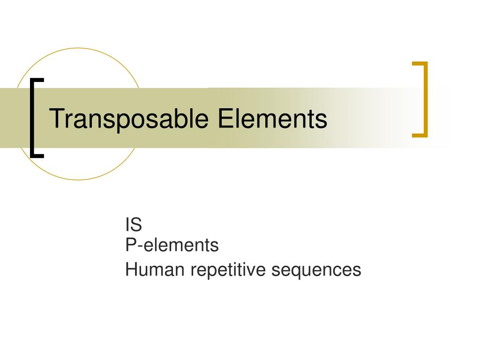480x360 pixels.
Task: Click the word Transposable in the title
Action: tap(129, 119)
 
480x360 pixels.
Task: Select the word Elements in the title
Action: tap(271, 118)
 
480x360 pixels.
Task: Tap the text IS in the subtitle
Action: tap(134, 225)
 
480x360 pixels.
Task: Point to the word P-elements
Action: tap(172, 245)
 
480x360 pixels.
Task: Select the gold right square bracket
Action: tap(426, 99)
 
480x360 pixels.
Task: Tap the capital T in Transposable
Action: tap(56, 118)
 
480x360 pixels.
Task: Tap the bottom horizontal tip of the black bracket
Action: tap(37, 155)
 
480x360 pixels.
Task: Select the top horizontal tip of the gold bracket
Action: tap(420, 63)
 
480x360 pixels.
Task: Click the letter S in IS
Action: tap(136, 225)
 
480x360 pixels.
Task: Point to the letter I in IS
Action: tap(127, 225)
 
